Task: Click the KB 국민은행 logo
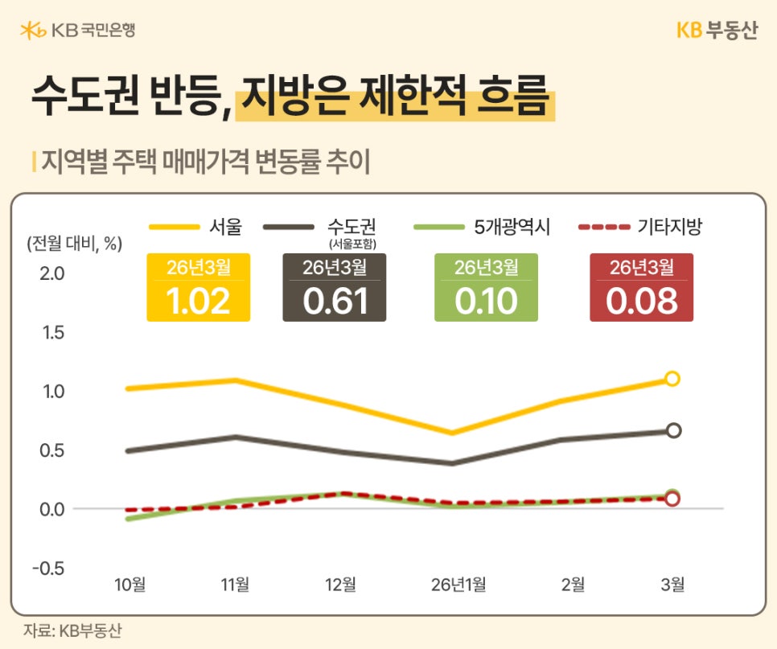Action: (77, 31)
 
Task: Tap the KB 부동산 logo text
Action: (717, 31)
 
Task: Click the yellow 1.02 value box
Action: (198, 288)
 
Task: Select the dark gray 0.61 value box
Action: (335, 288)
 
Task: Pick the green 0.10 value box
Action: (486, 288)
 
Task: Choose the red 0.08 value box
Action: (641, 288)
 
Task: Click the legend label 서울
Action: (224, 227)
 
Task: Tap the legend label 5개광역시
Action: (511, 227)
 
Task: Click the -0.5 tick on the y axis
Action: (50, 569)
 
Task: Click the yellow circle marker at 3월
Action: (672, 378)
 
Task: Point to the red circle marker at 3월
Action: (672, 499)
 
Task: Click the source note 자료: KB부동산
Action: (72, 631)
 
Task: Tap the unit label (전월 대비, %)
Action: (74, 244)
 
